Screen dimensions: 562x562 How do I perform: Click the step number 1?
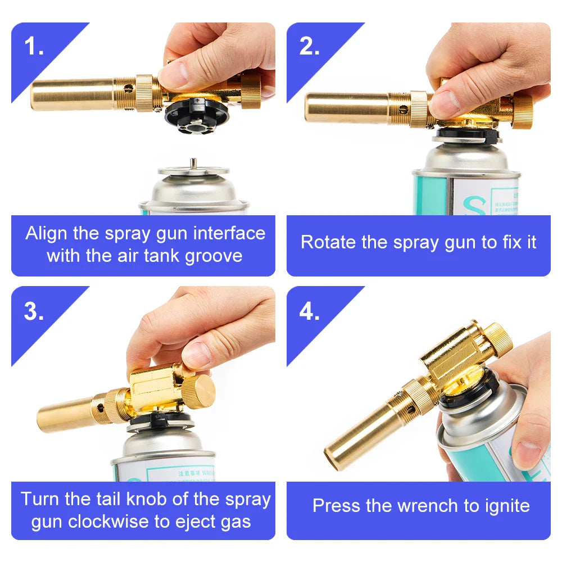[x=34, y=47]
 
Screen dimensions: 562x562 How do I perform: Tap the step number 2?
[x=309, y=47]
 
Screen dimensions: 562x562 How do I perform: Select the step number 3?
[x=34, y=311]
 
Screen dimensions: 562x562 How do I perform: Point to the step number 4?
[x=309, y=311]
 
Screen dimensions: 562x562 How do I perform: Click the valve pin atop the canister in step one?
[x=192, y=162]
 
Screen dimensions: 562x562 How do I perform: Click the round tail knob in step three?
[x=200, y=391]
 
